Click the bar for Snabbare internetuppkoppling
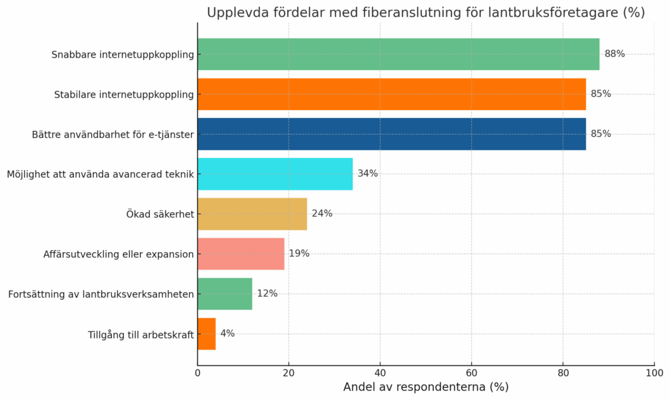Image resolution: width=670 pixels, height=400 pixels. point(398,54)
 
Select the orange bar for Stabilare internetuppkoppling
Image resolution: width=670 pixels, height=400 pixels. point(391,94)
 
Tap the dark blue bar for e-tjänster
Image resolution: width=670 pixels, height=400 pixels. point(391,134)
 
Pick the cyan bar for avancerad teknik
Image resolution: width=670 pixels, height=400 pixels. point(275,174)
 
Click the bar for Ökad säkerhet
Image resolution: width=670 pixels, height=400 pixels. point(252,214)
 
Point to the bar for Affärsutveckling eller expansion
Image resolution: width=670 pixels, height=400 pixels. point(241,254)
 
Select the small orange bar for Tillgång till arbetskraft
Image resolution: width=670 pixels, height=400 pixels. point(207,334)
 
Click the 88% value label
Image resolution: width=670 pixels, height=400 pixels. point(614,54)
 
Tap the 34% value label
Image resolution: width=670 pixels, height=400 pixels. point(367,174)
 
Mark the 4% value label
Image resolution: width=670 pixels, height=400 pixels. point(227,334)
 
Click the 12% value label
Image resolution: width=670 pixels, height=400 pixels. point(267,294)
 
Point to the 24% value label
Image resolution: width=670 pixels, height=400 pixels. point(322,214)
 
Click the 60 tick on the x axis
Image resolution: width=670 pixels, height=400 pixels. point(471,373)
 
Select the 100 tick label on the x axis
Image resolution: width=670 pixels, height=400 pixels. point(654,373)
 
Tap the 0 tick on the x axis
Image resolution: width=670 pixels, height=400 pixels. point(198,373)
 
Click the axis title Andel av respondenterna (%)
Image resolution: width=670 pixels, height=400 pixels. point(425,388)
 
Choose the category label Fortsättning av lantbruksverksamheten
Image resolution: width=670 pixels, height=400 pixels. point(101,295)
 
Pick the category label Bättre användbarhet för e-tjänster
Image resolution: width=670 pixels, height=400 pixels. point(113,135)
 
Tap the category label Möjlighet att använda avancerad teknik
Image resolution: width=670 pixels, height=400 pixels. point(100,175)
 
